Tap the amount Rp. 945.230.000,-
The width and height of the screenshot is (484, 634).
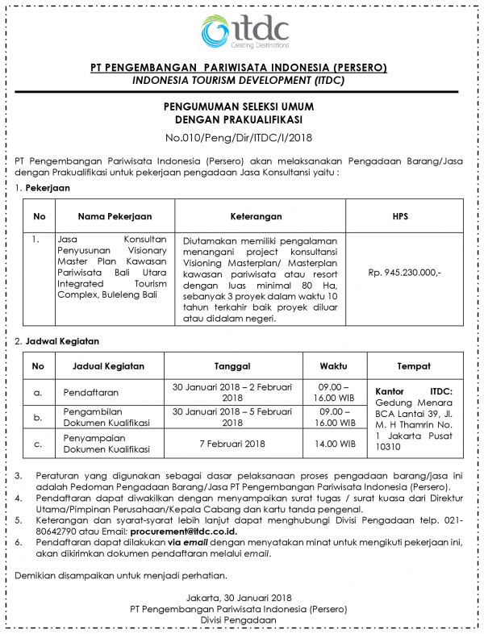(x=404, y=273)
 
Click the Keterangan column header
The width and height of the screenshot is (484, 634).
(x=256, y=216)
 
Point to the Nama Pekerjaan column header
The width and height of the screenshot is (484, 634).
(x=115, y=216)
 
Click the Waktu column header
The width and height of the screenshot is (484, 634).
(x=333, y=365)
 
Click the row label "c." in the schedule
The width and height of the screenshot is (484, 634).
(x=37, y=444)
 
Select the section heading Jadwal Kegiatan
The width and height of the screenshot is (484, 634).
(x=61, y=342)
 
